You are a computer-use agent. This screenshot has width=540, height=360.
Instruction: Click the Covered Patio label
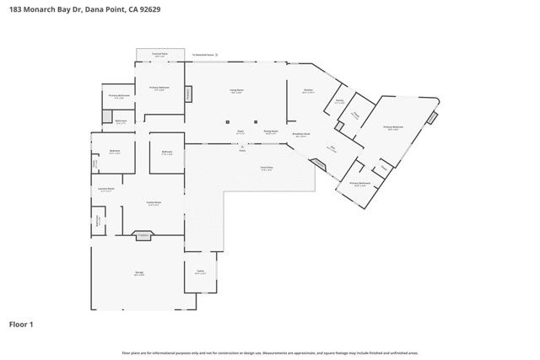159,54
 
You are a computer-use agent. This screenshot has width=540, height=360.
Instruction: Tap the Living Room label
237,90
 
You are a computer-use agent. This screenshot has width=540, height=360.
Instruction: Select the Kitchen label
308,91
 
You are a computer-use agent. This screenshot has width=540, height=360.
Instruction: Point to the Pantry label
339,100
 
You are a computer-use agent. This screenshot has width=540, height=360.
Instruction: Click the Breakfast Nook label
301,133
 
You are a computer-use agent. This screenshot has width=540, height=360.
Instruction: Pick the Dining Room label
271,132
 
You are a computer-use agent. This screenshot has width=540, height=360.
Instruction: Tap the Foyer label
240,132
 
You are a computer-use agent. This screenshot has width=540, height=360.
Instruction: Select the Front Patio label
266,168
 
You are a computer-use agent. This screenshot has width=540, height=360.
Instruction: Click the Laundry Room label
106,189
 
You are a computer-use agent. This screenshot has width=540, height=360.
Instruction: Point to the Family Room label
154,203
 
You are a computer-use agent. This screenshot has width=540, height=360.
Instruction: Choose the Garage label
139,273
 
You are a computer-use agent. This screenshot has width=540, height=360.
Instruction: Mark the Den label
332,148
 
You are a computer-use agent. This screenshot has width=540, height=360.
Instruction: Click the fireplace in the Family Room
143,236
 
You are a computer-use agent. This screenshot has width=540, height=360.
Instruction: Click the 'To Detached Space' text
202,55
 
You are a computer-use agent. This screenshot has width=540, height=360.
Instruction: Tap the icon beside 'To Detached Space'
217,55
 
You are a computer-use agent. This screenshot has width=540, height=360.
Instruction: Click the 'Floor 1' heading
21,324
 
